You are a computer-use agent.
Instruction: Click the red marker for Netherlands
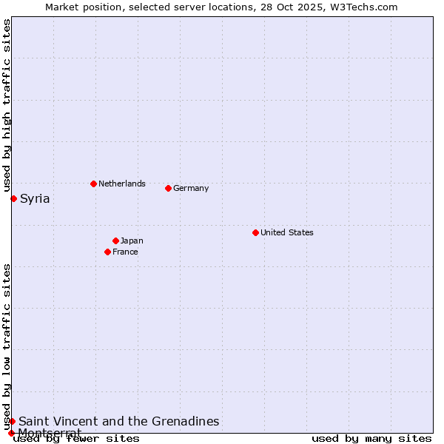[x=93, y=184]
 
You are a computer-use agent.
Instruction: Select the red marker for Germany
[x=168, y=188]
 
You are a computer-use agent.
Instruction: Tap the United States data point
[x=255, y=232]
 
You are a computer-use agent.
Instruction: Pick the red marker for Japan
[x=115, y=240]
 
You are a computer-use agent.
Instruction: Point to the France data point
[x=107, y=252]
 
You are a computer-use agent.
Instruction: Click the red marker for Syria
[x=13, y=198]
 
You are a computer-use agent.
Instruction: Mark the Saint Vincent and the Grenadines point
[x=12, y=421]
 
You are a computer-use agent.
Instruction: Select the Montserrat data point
[x=11, y=433]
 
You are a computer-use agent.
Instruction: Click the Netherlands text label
[x=122, y=184]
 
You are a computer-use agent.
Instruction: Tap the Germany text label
[x=191, y=188]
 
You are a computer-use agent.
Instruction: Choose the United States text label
[x=287, y=232]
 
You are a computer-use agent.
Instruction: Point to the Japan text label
[x=132, y=240]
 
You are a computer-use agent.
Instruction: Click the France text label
[x=125, y=252]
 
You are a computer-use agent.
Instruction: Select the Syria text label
[x=35, y=198]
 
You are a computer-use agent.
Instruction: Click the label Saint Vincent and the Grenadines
[x=119, y=421]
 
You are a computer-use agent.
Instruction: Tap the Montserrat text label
[x=50, y=432]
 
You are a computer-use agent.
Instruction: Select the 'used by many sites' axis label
[x=371, y=438]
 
